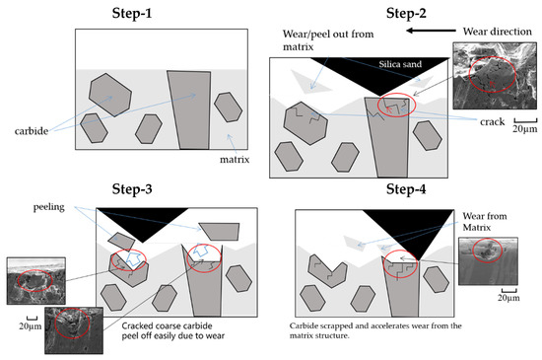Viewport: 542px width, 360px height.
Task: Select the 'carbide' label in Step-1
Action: pos(33,128)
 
